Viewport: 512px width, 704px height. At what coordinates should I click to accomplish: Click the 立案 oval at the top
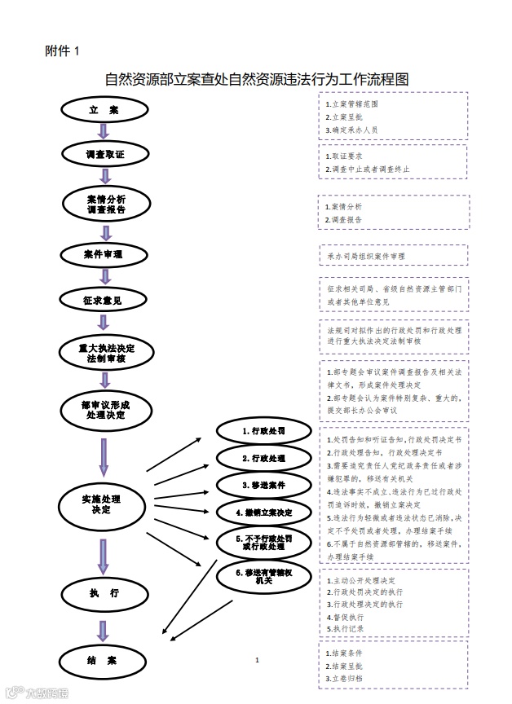tap(104, 109)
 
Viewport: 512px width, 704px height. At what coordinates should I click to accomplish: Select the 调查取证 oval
tap(104, 153)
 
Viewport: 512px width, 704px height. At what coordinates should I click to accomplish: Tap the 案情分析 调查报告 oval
tap(105, 204)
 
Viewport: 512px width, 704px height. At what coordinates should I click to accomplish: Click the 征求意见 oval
tap(103, 301)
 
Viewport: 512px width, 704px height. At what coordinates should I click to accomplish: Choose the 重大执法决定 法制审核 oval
tap(105, 353)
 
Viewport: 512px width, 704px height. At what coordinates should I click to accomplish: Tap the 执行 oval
tap(104, 594)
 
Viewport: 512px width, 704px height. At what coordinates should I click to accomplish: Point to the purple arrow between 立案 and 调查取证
tap(104, 131)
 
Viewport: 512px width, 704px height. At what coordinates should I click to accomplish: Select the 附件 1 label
tap(62, 51)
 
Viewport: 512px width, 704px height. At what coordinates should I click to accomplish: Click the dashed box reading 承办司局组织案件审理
tap(393, 255)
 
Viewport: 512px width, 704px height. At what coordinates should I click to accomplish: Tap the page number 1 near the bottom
tap(257, 660)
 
